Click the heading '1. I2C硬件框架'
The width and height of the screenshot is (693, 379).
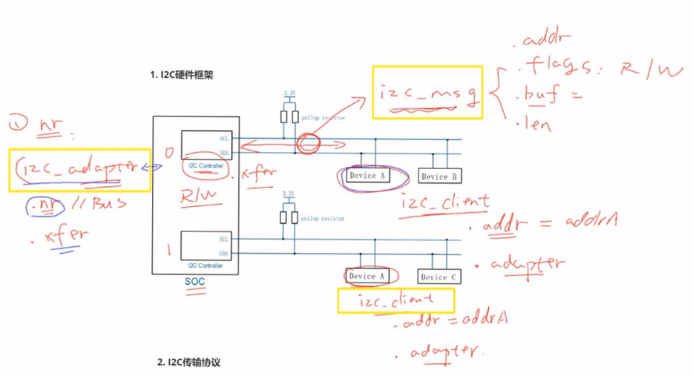click(181, 74)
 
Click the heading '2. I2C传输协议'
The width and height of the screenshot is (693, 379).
click(188, 363)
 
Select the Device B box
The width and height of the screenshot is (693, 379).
click(439, 176)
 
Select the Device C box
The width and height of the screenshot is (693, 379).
click(439, 277)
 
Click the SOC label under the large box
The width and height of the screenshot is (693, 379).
click(195, 282)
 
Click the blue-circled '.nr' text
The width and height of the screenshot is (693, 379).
click(38, 205)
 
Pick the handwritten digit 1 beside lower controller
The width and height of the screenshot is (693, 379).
click(168, 250)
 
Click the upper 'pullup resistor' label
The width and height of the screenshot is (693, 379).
click(322, 118)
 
